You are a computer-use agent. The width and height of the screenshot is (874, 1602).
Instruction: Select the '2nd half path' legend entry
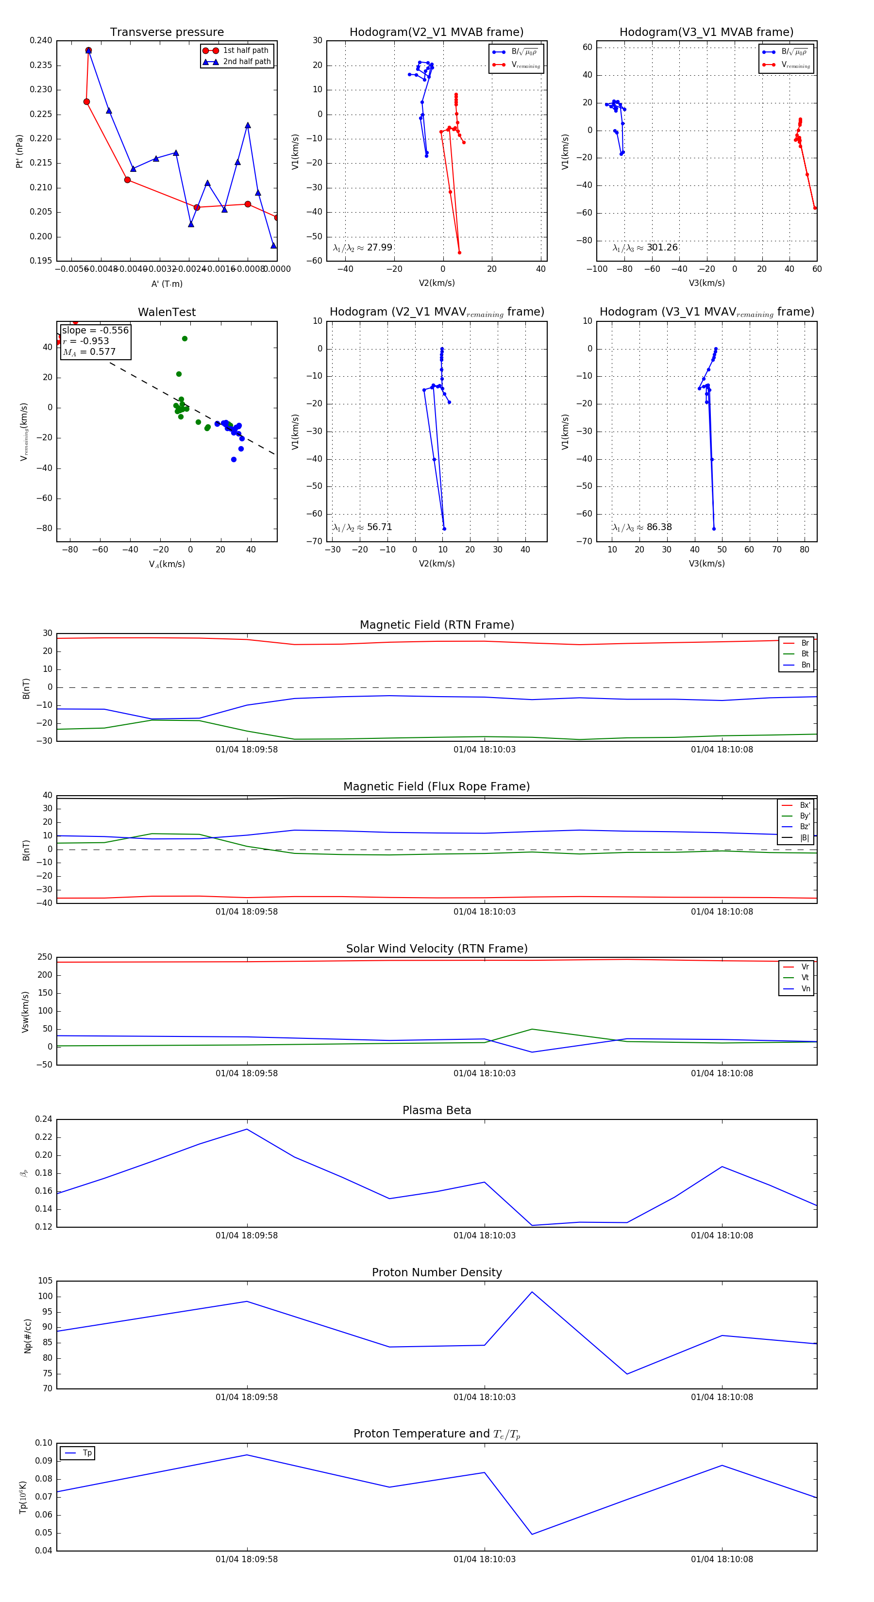246,62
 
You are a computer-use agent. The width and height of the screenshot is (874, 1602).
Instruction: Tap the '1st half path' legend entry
245,50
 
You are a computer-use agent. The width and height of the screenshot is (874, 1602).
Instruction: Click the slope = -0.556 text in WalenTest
95,330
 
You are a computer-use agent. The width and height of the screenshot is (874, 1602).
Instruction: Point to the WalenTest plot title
167,312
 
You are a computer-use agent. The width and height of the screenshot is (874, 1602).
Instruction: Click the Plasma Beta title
437,1110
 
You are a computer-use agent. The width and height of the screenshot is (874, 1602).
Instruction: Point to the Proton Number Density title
437,1272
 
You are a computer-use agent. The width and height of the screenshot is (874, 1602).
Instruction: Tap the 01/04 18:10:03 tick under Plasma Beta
484,1235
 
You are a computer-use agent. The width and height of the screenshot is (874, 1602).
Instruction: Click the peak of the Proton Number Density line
532,1292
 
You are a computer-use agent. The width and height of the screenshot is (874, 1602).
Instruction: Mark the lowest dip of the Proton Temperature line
532,1534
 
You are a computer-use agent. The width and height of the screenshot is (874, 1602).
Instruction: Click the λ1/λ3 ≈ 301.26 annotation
645,248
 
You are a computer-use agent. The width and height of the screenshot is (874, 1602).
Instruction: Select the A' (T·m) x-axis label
167,284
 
